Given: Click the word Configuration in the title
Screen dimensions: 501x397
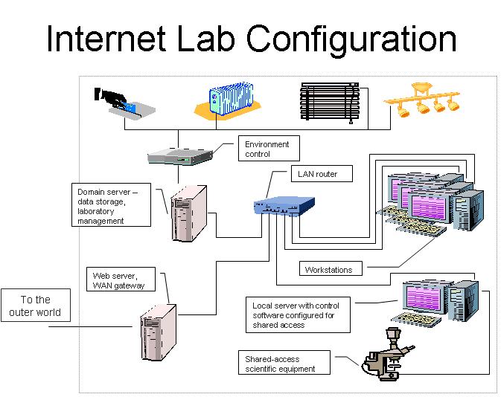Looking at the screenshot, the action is click(x=351, y=39).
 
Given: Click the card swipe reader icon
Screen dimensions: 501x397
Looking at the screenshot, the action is click(x=124, y=103).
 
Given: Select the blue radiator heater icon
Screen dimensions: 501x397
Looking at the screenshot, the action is click(x=228, y=100).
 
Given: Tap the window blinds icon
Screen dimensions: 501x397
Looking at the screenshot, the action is click(x=330, y=102).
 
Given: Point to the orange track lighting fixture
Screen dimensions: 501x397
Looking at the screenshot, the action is click(x=422, y=100).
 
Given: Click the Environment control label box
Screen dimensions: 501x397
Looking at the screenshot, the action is click(x=269, y=149).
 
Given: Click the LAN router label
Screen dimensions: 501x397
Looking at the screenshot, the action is click(x=322, y=174).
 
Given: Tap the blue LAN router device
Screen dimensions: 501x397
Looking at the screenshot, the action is click(x=284, y=206).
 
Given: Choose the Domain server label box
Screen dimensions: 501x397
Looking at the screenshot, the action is click(x=111, y=205).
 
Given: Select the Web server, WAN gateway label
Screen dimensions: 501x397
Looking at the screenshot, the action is click(x=121, y=280).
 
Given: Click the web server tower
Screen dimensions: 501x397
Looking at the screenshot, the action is click(x=159, y=332).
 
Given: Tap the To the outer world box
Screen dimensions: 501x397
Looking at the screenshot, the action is click(x=36, y=305).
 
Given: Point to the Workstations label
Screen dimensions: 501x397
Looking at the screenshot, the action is click(x=331, y=268).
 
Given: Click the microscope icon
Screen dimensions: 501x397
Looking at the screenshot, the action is click(x=388, y=354).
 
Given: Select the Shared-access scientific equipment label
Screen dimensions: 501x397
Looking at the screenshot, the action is click(x=284, y=363).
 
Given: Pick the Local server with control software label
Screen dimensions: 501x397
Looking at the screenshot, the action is click(x=298, y=315).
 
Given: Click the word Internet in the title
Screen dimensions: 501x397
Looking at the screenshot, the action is click(x=106, y=39).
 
